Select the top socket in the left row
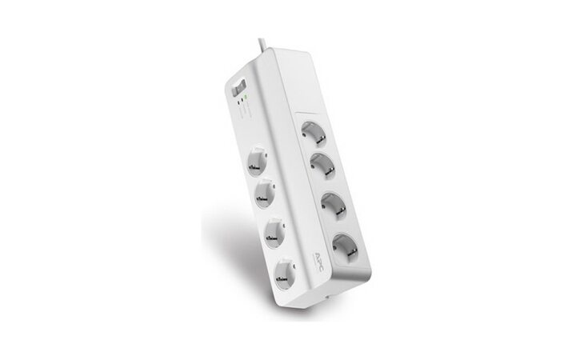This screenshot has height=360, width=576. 257,158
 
